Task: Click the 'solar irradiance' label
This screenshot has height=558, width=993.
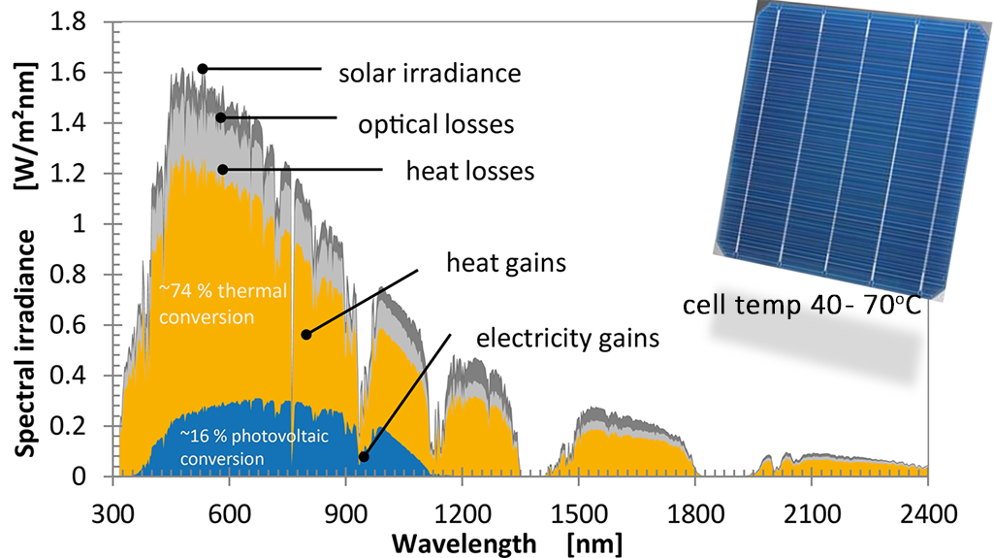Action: point(430,73)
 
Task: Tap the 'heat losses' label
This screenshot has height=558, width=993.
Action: point(470,172)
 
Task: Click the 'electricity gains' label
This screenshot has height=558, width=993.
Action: point(567,339)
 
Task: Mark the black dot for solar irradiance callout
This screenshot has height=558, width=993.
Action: point(203,69)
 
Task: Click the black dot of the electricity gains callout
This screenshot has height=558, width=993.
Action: point(364,457)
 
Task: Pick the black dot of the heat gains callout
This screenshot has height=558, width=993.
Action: point(306,335)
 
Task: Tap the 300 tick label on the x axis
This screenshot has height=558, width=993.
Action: point(114,511)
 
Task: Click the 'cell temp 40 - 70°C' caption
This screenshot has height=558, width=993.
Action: point(802,306)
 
